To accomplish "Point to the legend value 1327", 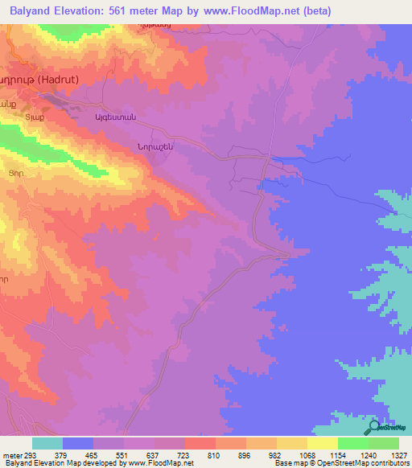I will (x=397, y=456).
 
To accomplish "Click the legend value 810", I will (x=214, y=456).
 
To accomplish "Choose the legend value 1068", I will (x=305, y=456).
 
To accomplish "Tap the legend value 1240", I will (x=366, y=456).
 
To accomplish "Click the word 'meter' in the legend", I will (x=13, y=456).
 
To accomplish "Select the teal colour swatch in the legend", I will (x=47, y=443).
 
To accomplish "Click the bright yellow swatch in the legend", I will (x=323, y=443).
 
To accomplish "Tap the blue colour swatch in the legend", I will (x=78, y=443).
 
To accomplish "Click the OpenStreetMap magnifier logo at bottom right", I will (x=375, y=429).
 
